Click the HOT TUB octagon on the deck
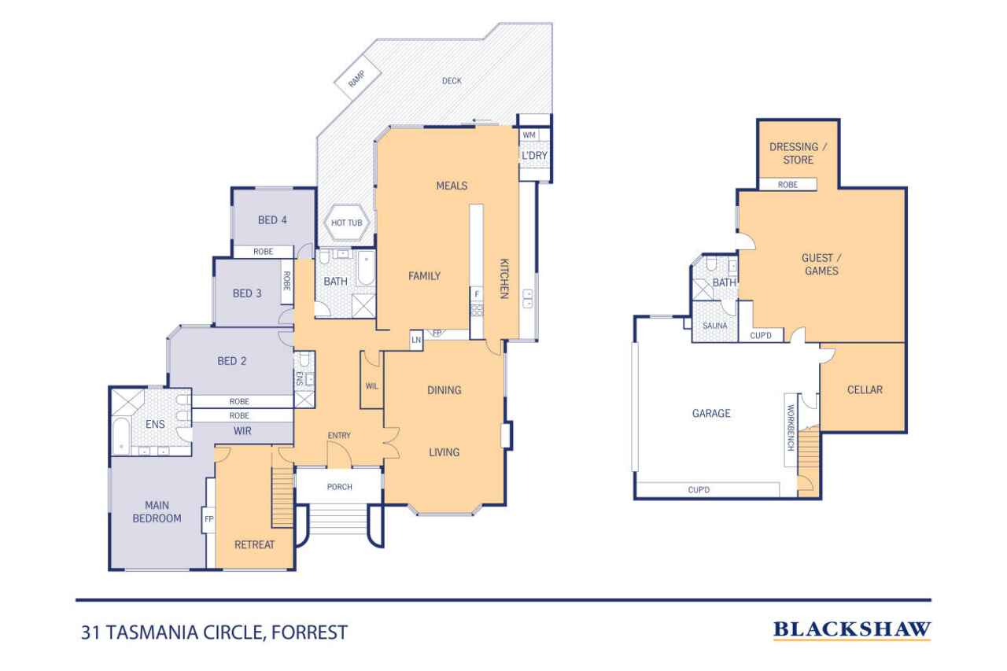coord(346,223)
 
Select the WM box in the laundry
coord(529,135)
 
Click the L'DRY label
coord(534,155)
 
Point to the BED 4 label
coord(272,220)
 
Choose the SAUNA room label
coord(714,325)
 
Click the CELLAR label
coord(865,389)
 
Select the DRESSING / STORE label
coord(797,153)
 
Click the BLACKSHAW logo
coord(852,629)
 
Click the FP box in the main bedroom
coord(209,519)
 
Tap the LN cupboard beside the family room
coord(416,339)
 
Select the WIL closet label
coord(372,386)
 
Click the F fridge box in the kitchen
coord(476,294)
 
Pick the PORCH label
coord(339,487)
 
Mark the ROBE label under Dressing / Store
coord(788,184)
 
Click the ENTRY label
coord(339,436)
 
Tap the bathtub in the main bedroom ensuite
coord(122,437)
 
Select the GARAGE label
coord(710,413)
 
